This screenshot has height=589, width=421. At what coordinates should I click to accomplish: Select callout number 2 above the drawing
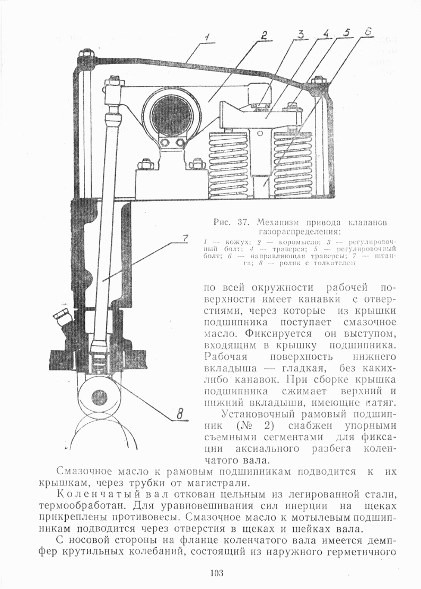click(x=264, y=35)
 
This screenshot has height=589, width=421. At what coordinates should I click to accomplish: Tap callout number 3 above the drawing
click(x=301, y=35)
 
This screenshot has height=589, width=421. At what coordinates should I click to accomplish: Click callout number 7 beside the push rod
click(x=182, y=238)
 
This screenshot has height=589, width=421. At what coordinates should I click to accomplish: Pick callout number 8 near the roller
click(x=180, y=415)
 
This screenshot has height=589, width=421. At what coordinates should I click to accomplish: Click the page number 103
click(x=217, y=573)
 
